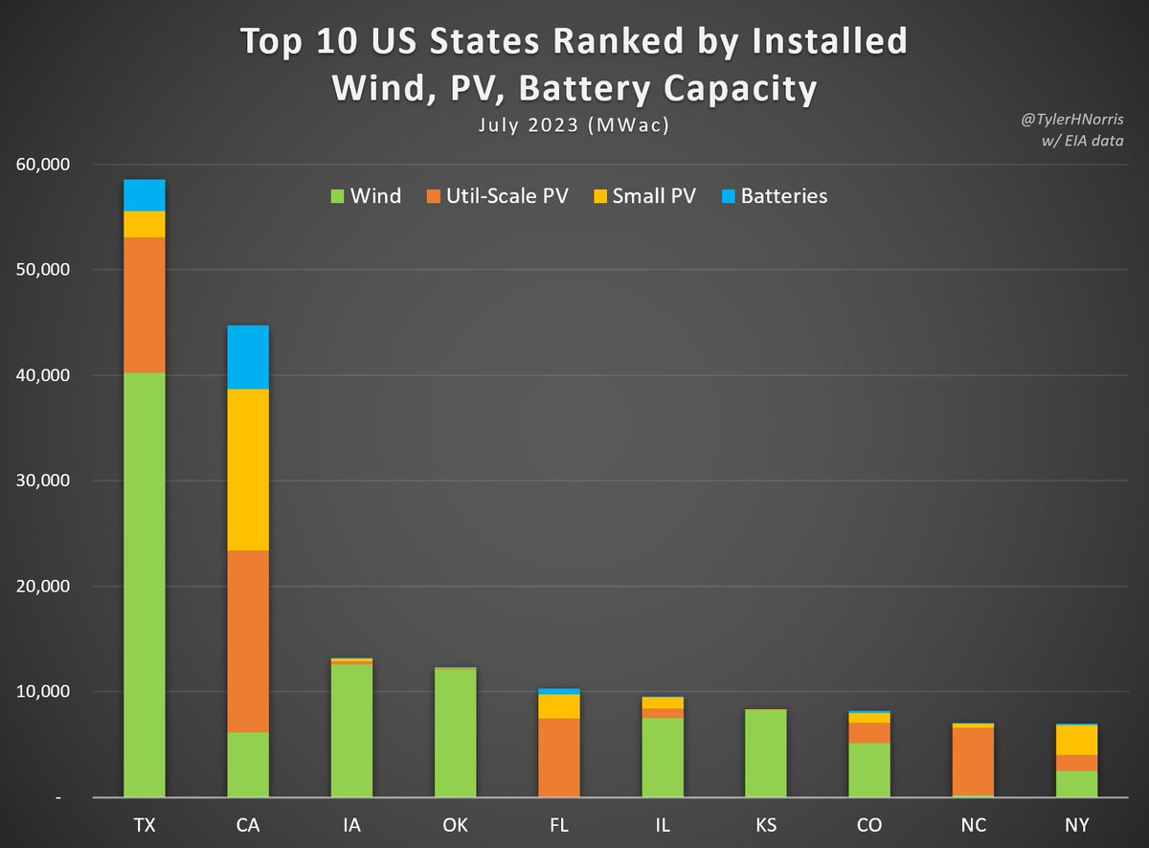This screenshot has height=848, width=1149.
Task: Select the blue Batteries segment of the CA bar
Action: pos(248,357)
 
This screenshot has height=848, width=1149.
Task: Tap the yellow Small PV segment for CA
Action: pos(248,469)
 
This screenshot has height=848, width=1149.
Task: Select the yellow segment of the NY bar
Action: pos(1076,740)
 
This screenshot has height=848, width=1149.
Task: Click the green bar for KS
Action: pos(765,753)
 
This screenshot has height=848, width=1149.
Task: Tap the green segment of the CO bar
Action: pos(869,770)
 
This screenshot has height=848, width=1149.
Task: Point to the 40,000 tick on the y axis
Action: pos(43,375)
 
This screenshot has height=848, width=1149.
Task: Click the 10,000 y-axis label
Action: pos(43,691)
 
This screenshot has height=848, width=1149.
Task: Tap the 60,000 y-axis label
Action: pos(43,165)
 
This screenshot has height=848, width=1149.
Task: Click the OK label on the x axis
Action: pos(455,825)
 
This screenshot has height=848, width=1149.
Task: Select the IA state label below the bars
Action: pos(351,825)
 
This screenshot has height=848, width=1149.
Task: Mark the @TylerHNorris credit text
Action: pos(1070,122)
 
